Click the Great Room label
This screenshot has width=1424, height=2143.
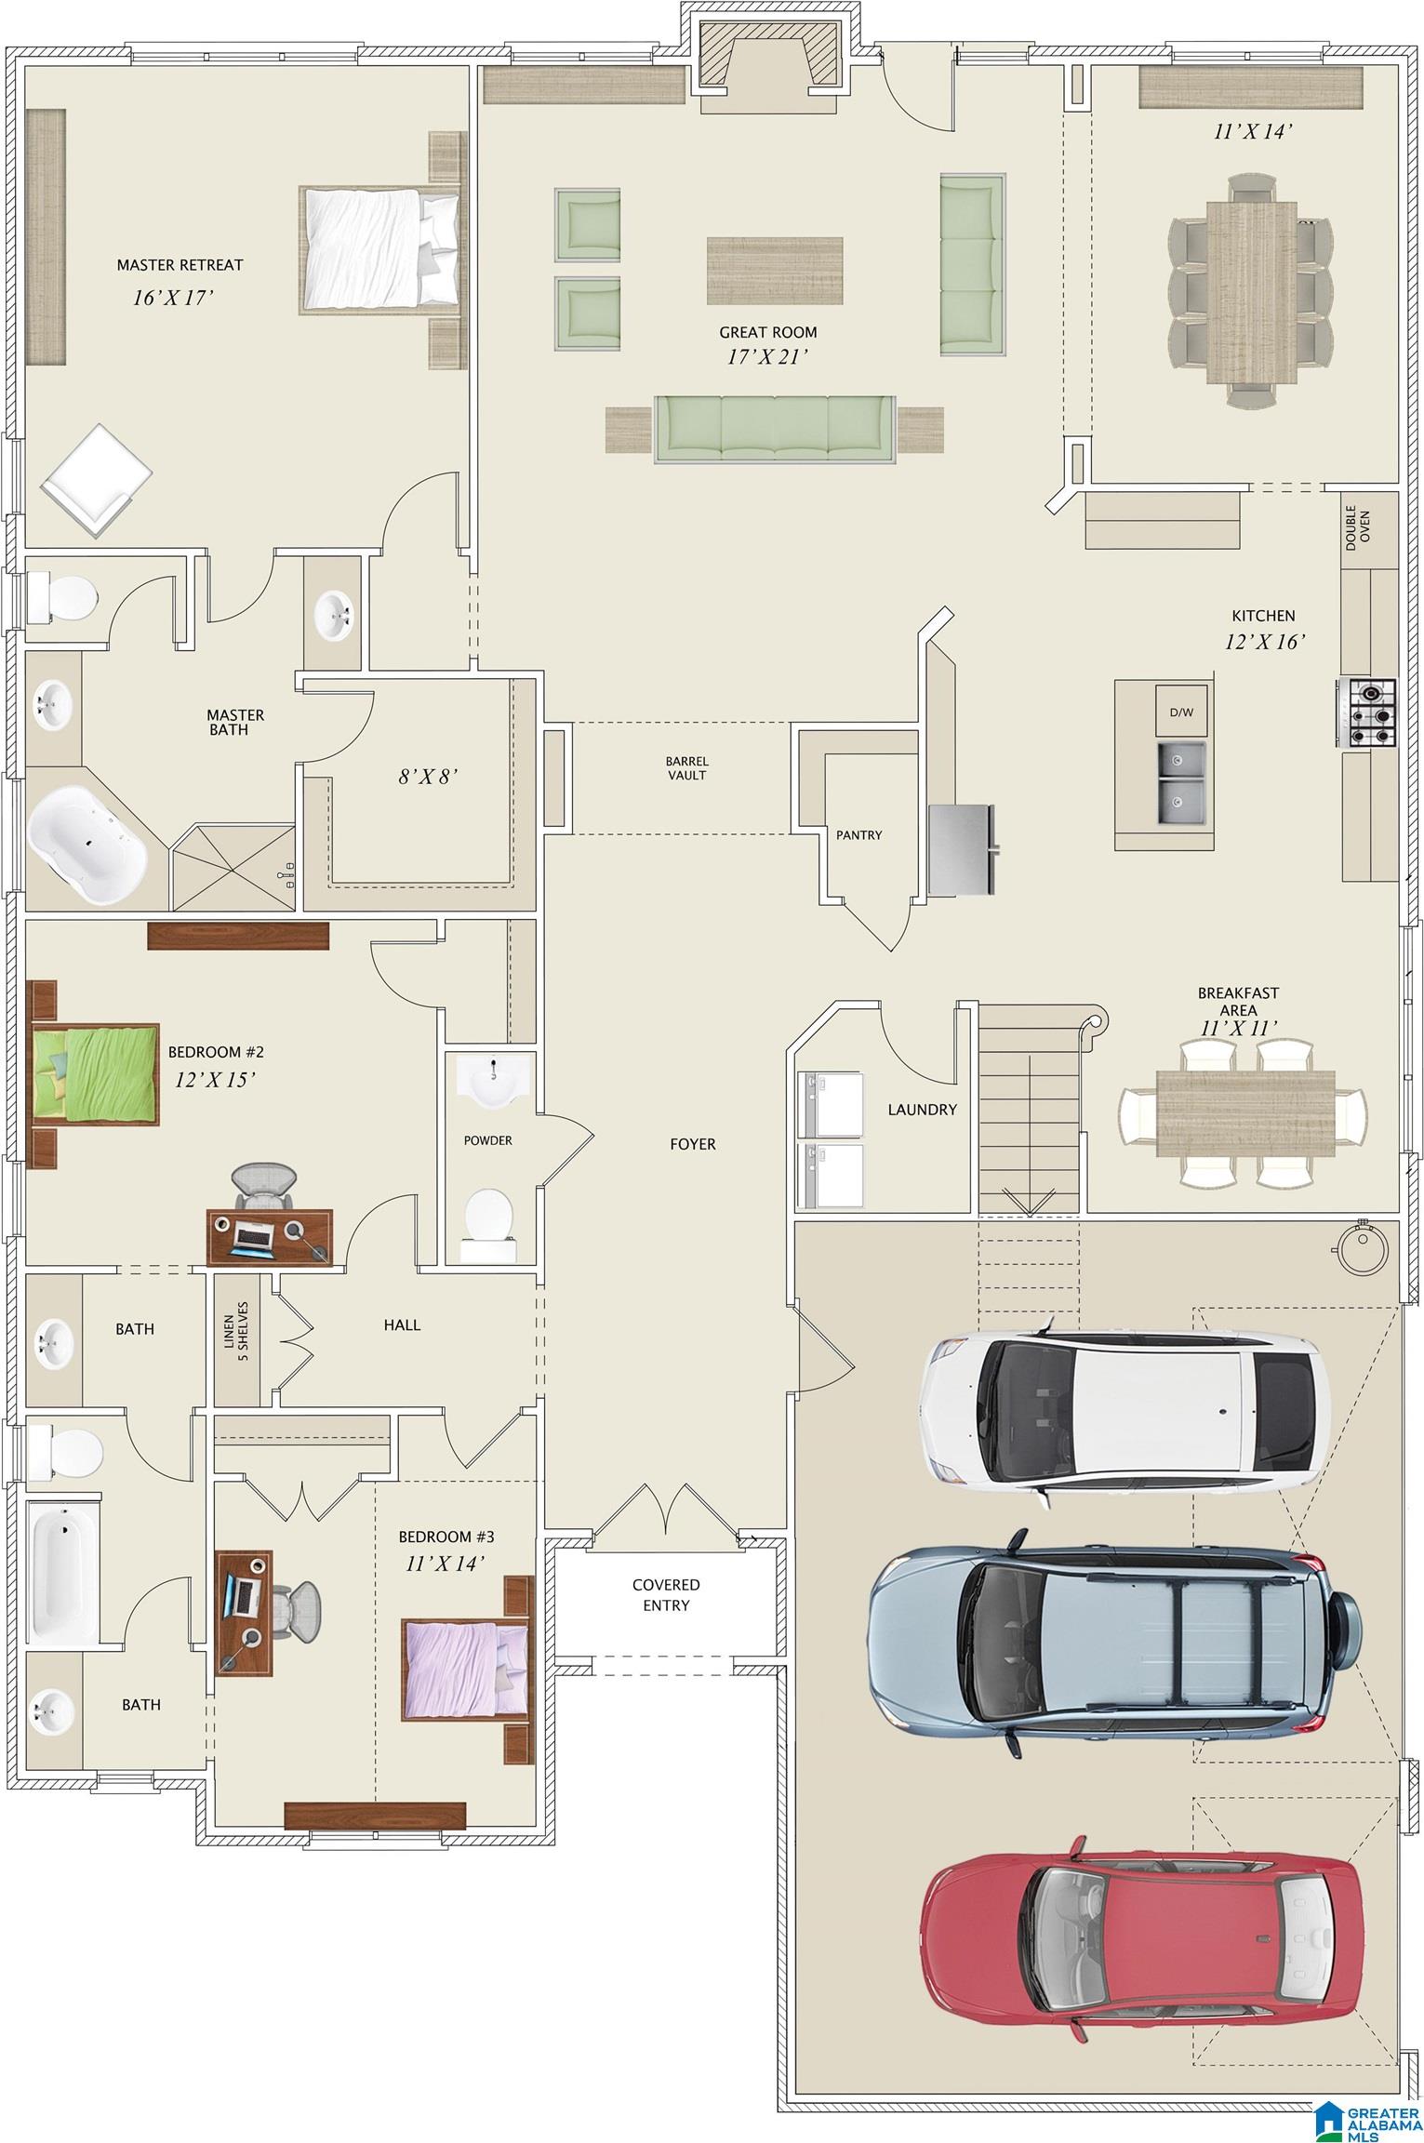(768, 332)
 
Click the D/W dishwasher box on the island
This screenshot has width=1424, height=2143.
(1181, 712)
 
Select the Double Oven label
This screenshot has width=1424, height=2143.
(1357, 527)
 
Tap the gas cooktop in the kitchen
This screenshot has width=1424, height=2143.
(1368, 713)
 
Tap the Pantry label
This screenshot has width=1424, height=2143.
(858, 835)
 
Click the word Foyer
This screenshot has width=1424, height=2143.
(693, 1144)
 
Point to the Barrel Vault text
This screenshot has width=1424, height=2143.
(686, 767)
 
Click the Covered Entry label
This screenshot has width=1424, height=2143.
(666, 1594)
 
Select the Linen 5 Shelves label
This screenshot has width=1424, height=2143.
(236, 1331)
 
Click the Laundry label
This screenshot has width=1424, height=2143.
(922, 1109)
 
